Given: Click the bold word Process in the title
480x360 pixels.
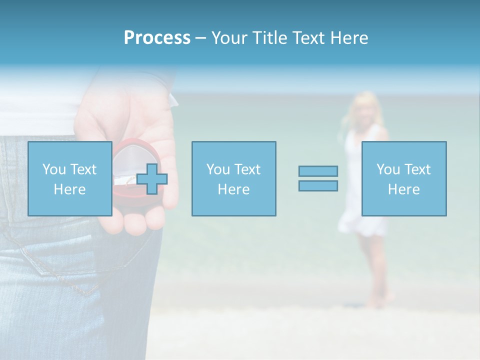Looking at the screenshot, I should click(157, 38).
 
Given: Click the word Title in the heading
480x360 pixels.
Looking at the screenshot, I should click(270, 38).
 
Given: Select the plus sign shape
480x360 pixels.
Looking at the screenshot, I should click(152, 179).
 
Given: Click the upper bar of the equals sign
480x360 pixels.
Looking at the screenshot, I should click(318, 171).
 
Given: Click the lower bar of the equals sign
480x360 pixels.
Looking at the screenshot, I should click(318, 185).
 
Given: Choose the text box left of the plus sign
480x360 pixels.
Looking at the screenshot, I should click(70, 178).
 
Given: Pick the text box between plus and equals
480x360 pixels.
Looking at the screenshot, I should click(233, 178).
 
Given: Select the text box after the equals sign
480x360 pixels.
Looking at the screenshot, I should click(404, 178).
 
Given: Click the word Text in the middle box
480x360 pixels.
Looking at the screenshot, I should click(247, 169).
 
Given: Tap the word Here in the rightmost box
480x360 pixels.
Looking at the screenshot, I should click(404, 189).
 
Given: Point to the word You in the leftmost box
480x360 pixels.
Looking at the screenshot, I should click(54, 169).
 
